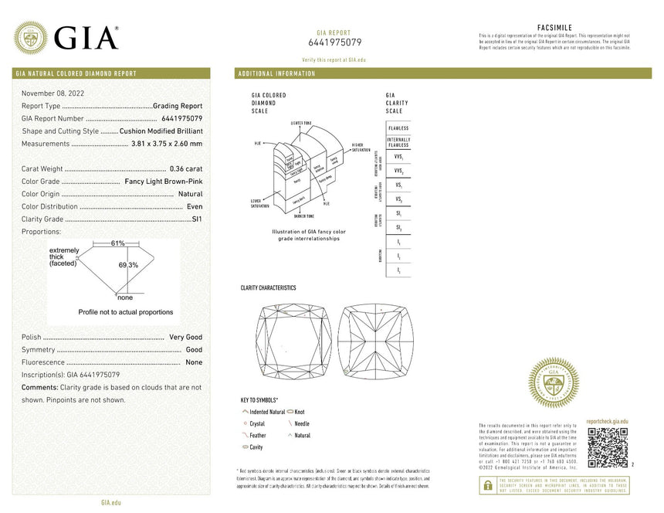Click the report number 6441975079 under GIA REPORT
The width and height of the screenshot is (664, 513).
pos(334,42)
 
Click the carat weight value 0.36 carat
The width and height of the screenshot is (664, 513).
pos(185,168)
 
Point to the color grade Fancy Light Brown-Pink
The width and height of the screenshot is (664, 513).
pos(163,182)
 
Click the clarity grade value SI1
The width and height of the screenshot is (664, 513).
pos(196,219)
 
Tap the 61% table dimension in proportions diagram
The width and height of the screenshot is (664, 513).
pos(117,243)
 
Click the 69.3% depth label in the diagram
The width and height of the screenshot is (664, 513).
pos(128,265)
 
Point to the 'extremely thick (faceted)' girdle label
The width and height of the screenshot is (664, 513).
pos(64,258)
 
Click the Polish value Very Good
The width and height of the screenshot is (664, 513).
pos(185,338)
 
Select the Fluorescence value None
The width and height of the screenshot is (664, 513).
pos(194,362)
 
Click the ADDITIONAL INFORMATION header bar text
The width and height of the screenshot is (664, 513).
pos(277,74)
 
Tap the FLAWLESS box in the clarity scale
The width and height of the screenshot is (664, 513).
pos(398,128)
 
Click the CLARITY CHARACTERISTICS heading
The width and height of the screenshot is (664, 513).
pos(268,288)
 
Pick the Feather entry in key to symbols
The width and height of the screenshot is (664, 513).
pos(258,436)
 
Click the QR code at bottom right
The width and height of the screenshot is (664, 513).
pos(608,446)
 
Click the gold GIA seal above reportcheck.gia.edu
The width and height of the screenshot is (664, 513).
pos(553,383)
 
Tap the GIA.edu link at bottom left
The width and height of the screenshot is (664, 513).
pos(111,503)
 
